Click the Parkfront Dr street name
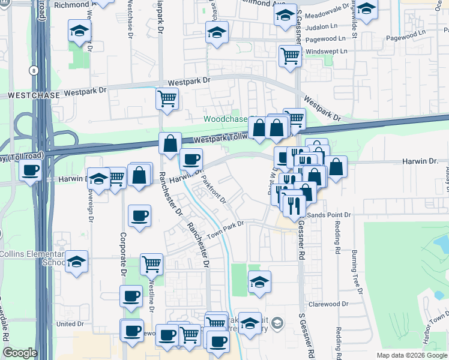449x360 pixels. [x=213, y=190]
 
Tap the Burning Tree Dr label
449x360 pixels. [x=355, y=271]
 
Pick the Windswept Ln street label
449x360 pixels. [x=327, y=52]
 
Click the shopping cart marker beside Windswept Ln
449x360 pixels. [x=290, y=55]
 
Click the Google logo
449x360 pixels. [x=20, y=353]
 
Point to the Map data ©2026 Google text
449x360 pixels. [x=411, y=355]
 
